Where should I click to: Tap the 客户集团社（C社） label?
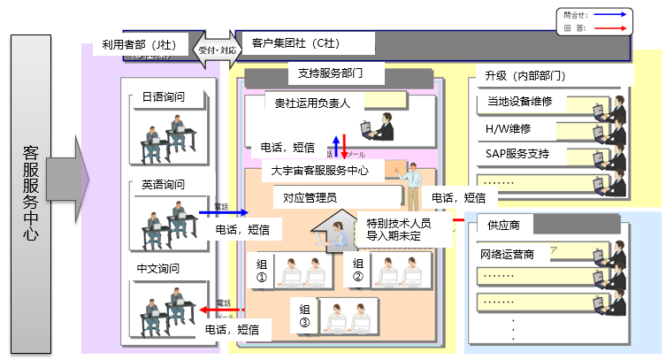click(x=296, y=43)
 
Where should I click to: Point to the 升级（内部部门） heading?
click(x=519, y=75)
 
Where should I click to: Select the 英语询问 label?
click(x=163, y=185)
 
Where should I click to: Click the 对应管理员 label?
click(x=304, y=197)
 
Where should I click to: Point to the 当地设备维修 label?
click(x=519, y=102)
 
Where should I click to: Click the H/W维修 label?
click(x=509, y=128)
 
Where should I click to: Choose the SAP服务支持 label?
click(x=517, y=154)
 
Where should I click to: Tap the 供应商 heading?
click(x=503, y=225)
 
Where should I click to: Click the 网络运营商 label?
click(x=507, y=255)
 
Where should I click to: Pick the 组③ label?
click(x=304, y=316)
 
